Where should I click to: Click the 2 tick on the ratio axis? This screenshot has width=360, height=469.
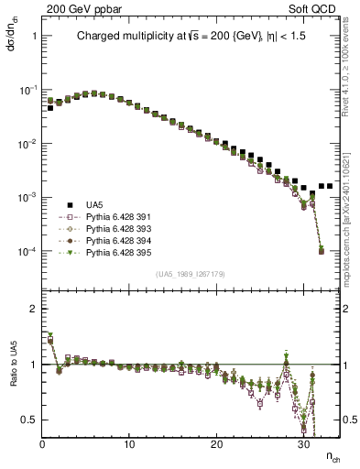tap(31, 309)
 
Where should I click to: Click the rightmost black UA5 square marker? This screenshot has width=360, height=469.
tap(329, 186)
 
